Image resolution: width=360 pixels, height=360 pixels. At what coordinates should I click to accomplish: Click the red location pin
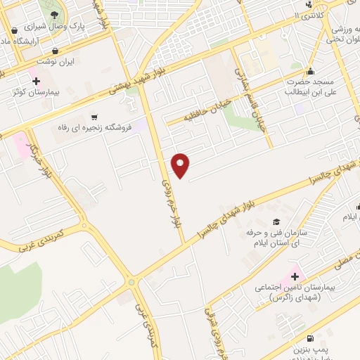[181, 165]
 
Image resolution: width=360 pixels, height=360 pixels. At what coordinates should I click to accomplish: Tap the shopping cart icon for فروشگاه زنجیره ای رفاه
[94, 117]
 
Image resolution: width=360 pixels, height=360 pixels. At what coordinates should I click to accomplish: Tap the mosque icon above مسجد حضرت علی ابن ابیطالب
[311, 70]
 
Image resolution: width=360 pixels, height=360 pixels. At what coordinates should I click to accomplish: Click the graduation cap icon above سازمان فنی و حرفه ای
[276, 222]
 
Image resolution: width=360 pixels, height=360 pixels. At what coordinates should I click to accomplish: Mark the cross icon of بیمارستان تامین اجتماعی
[295, 276]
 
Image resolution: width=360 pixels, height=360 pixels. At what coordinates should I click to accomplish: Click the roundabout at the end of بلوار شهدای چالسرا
[131, 282]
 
